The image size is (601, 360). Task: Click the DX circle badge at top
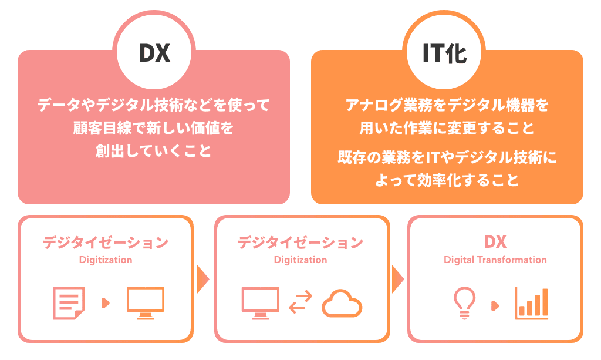click(154, 53)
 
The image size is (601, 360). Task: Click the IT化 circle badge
click(444, 53)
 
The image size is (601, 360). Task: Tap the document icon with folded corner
click(68, 303)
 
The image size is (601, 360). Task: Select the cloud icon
click(342, 303)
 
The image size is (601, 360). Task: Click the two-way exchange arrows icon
click(300, 303)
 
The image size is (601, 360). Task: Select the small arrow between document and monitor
click(106, 303)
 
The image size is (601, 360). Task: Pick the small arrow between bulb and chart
click(495, 305)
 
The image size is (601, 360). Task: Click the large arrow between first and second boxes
click(203, 279)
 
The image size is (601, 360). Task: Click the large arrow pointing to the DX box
click(397, 279)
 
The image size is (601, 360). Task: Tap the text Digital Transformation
click(495, 260)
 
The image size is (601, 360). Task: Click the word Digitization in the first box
click(106, 260)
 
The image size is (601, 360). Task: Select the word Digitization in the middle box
click(300, 260)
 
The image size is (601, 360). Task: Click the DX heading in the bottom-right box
click(495, 242)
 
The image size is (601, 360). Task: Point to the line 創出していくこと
click(153, 150)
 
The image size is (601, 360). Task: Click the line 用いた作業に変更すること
click(447, 128)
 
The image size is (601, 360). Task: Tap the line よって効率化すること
click(447, 180)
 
